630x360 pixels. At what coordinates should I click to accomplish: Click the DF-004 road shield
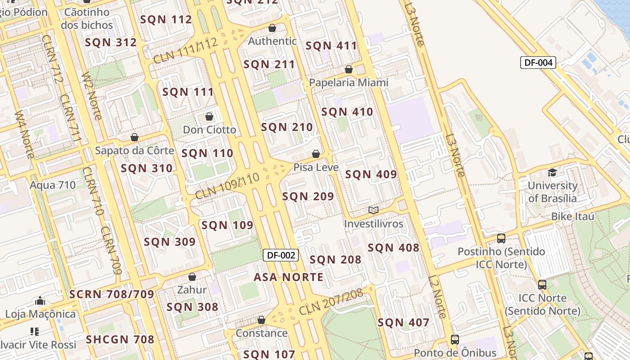coord(538,63)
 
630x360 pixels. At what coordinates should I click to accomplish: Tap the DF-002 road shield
coord(281,255)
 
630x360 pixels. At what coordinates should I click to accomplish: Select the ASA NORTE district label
coord(288,277)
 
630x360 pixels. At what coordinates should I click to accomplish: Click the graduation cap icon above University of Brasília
coord(552,172)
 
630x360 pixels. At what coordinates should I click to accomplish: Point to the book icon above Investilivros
coord(373,210)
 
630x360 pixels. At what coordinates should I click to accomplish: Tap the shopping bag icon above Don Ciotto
coord(209,117)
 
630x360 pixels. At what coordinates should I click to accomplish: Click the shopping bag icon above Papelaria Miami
coord(349,69)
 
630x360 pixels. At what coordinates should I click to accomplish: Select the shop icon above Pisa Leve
coord(316,154)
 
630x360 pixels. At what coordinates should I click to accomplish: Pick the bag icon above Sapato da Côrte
coord(135,137)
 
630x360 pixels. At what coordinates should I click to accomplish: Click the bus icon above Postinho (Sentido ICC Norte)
coord(501,238)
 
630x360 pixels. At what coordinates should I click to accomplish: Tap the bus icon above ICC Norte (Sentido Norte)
coord(542,284)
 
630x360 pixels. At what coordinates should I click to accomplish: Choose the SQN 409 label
coord(371,175)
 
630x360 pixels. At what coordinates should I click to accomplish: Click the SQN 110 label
coord(207,153)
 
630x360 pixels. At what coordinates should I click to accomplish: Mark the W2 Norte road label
coord(91,97)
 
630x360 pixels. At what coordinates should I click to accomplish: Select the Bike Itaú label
coord(573,216)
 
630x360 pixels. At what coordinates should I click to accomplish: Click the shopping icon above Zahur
coord(192,277)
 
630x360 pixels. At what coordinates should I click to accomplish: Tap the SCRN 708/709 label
coord(112,295)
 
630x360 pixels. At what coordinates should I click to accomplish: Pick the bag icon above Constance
coord(261,320)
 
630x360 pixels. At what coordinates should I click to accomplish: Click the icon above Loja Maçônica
coord(40,301)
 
